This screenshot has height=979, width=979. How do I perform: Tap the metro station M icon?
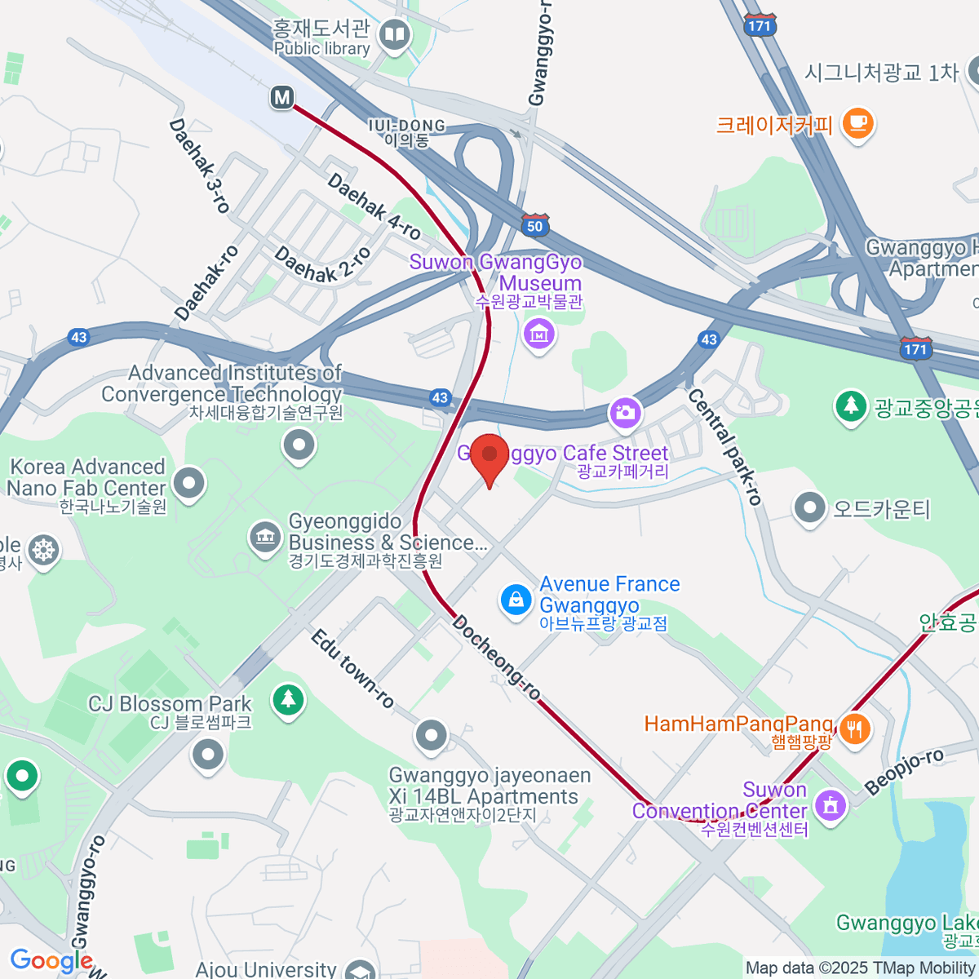pos(281,98)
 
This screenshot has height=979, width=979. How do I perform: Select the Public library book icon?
pos(396,36)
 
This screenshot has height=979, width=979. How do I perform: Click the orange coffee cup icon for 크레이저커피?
pos(857,123)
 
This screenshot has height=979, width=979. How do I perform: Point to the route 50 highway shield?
pos(534,226)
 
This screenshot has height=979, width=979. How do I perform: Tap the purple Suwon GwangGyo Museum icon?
pos(538,333)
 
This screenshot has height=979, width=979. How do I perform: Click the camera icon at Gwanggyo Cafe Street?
pos(626,412)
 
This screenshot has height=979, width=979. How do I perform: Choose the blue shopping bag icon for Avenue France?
pos(516,600)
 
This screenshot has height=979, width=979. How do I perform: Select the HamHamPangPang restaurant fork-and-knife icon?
pos(854,728)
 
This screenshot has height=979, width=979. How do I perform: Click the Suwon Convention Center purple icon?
pos(831,805)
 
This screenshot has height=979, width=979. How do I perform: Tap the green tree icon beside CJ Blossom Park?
pos(287,699)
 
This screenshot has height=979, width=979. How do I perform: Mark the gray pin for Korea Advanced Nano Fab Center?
pos(189,483)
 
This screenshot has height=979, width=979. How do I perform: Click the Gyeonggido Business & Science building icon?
pos(265,537)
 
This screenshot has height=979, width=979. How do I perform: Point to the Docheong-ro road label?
pos(496,658)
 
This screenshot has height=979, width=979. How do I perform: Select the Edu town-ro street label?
pos(352,668)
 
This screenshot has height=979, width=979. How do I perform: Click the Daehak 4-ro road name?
pos(374,206)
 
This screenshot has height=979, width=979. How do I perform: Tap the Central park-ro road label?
pos(724,446)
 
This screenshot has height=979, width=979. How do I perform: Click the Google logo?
pos(51,960)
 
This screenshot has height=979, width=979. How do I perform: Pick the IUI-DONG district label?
pos(406,132)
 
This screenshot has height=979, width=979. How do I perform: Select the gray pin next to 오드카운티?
pos(809,507)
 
